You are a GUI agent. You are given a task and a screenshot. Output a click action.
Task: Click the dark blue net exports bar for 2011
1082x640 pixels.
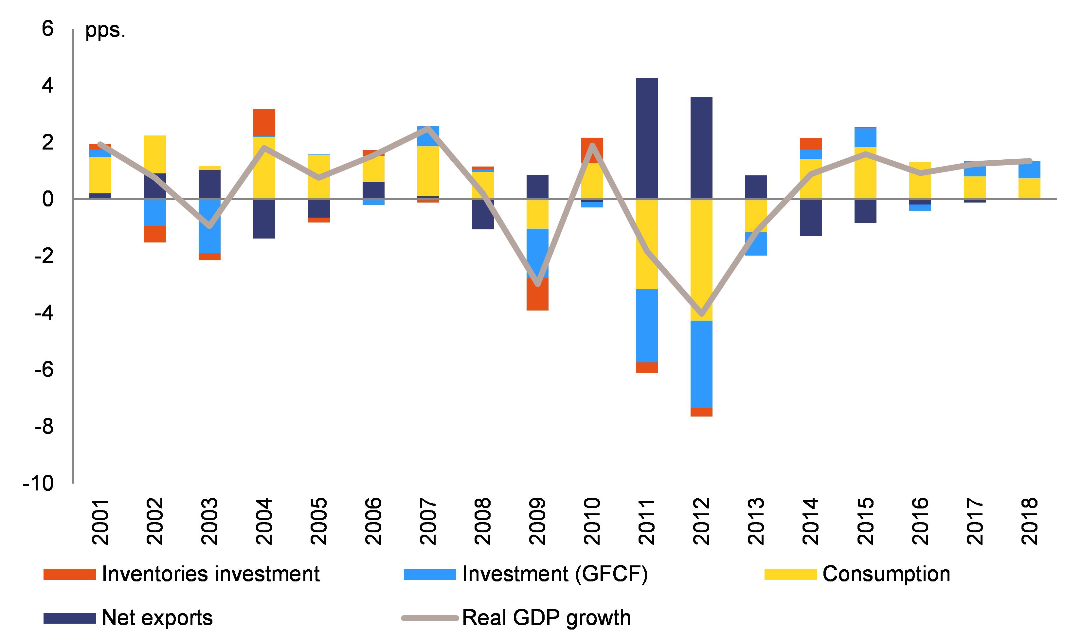646,138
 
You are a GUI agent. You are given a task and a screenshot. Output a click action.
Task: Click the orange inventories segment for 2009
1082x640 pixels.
537,294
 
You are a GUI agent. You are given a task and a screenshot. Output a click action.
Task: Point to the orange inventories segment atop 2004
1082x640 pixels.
264,122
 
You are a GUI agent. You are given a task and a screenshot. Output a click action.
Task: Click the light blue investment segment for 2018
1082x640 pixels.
1029,169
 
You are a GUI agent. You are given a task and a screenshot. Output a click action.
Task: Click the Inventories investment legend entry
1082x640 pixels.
181,574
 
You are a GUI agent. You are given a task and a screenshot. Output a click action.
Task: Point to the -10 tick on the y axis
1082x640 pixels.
39,483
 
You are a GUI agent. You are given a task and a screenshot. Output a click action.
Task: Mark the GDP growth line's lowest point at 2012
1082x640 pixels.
701,313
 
